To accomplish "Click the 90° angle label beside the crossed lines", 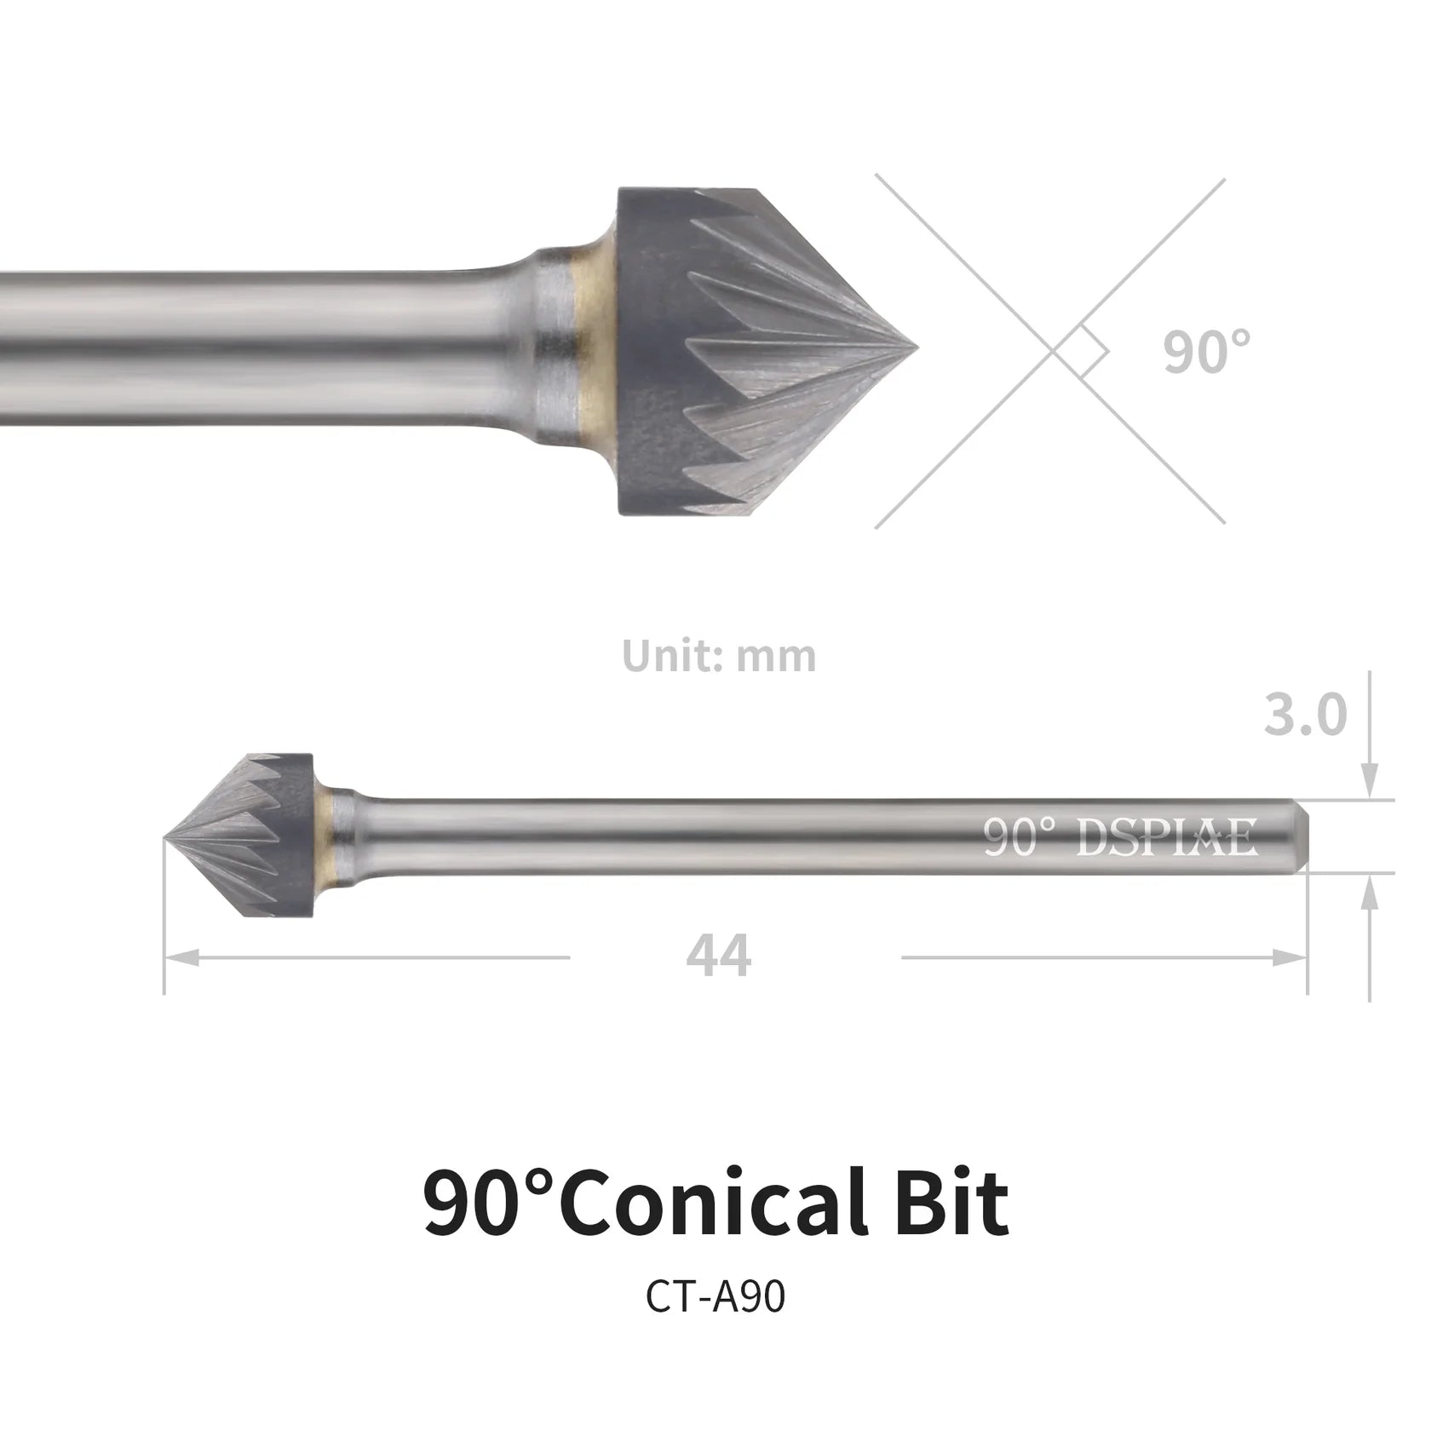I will pos(1206,351).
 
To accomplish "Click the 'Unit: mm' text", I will pos(719,655).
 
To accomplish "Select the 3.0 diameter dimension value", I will pos(1306,715).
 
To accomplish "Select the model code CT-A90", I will pos(715,1297).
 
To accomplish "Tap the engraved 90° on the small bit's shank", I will pos(1020,837).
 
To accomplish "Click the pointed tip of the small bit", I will pos(165,838).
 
